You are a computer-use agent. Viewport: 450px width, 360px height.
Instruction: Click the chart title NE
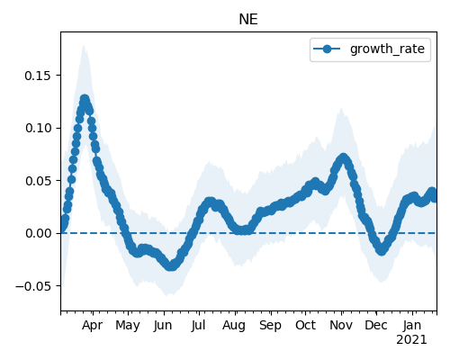pyautogui.click(x=248, y=20)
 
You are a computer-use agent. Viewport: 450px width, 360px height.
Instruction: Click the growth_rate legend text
pyautogui.click(x=387, y=49)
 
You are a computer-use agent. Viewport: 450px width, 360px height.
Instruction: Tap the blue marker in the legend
pyautogui.click(x=327, y=49)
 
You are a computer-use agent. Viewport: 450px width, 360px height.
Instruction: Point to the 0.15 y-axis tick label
pyautogui.click(x=38, y=76)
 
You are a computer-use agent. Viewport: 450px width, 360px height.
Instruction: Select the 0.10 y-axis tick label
pyautogui.click(x=38, y=128)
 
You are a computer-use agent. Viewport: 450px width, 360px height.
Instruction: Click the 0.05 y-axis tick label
pyautogui.click(x=38, y=181)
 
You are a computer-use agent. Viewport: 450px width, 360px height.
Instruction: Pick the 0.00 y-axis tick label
pyautogui.click(x=38, y=233)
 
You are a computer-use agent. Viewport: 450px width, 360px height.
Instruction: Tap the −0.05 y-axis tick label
pyautogui.click(x=33, y=286)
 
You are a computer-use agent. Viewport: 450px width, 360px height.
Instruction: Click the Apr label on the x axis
pyautogui.click(x=93, y=326)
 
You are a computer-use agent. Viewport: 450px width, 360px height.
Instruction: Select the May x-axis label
pyautogui.click(x=128, y=326)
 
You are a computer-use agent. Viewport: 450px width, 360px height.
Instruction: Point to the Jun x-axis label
pyautogui.click(x=163, y=326)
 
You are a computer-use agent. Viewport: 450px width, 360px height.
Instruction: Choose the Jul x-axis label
pyautogui.click(x=198, y=326)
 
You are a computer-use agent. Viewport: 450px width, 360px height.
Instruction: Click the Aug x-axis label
pyautogui.click(x=234, y=326)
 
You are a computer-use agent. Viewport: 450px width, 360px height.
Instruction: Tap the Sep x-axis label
pyautogui.click(x=270, y=326)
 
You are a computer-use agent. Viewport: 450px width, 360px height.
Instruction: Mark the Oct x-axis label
pyautogui.click(x=305, y=326)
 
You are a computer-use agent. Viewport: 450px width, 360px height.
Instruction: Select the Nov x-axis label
pyautogui.click(x=341, y=326)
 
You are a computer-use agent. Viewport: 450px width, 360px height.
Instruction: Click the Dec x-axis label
pyautogui.click(x=376, y=326)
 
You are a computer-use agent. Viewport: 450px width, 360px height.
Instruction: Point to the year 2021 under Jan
pyautogui.click(x=411, y=340)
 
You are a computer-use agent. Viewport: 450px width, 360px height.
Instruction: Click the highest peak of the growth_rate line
pyautogui.click(x=85, y=99)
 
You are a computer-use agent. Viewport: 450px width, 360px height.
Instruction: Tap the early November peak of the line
pyautogui.click(x=343, y=157)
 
